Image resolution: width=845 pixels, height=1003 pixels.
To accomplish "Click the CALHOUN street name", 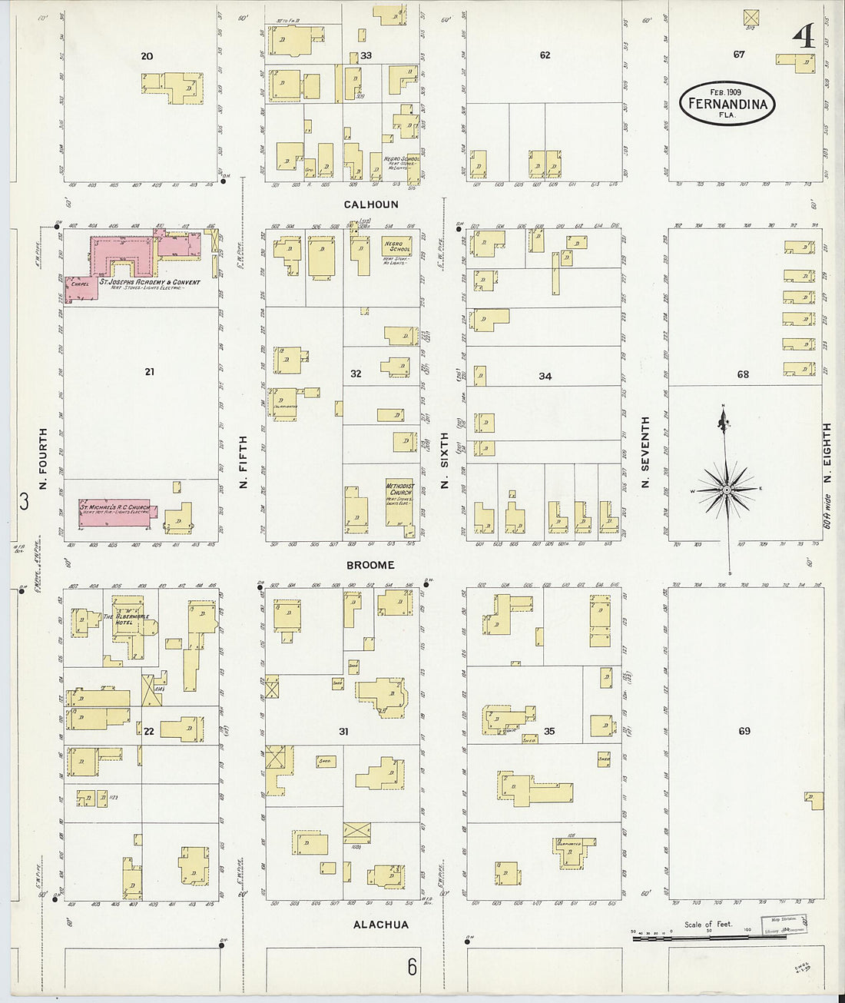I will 371,204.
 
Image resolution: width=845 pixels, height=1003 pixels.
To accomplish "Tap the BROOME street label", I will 370,565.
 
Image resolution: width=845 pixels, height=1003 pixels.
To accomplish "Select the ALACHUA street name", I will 380,925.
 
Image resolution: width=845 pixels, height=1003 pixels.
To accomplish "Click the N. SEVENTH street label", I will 645,452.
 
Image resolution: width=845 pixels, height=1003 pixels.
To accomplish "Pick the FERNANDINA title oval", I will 727,104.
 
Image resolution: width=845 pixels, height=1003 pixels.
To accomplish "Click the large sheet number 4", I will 804,35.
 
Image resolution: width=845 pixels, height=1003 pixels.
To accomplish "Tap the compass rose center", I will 725,490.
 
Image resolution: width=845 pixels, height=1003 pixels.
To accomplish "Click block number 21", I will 149,372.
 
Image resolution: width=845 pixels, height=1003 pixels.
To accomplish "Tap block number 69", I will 744,731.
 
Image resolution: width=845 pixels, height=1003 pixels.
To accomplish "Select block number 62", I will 545,55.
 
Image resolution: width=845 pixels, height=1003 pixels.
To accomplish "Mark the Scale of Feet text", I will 708,924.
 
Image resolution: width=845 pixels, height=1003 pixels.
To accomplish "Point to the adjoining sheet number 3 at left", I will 24,502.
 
